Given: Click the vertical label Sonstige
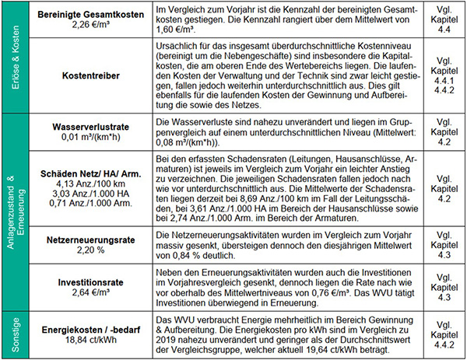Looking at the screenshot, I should coord(15,332).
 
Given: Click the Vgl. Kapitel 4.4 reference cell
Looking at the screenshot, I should coord(441,19).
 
